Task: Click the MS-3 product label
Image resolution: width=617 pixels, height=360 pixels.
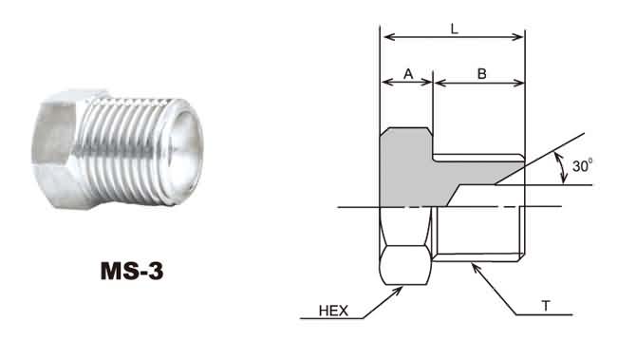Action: [x=132, y=271]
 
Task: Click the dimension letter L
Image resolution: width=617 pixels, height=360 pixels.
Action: [x=455, y=28]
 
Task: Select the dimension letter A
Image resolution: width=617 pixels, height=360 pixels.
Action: [x=408, y=74]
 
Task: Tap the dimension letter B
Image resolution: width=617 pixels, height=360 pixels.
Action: [x=481, y=74]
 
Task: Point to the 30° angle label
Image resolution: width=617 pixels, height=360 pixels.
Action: [x=583, y=165]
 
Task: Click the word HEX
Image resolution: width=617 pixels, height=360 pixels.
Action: [x=334, y=311]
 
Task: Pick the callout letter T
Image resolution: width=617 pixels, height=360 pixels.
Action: [x=546, y=306]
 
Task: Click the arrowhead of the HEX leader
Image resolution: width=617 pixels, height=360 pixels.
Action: [x=399, y=291]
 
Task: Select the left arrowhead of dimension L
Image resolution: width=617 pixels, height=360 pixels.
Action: [x=389, y=37]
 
